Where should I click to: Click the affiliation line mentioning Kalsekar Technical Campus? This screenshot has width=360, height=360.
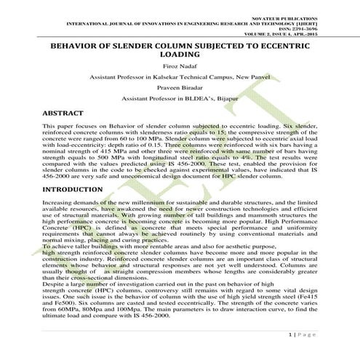coord(180,76)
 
